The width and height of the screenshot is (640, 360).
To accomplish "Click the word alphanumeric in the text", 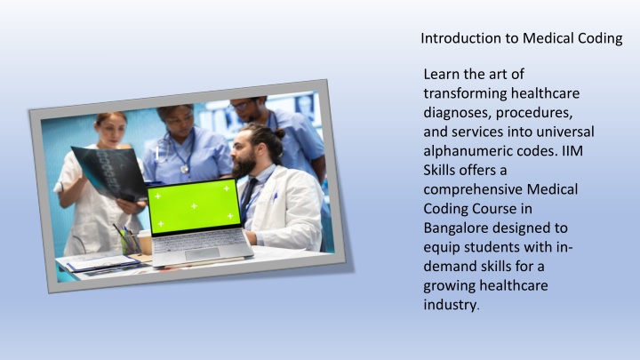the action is coord(467,151).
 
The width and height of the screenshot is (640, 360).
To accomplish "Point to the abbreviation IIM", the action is coord(572,151).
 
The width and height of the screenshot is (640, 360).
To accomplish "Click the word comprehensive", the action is coord(473,190).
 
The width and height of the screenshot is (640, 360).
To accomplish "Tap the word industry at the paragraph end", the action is coord(450,305).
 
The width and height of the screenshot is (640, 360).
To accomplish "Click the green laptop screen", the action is coord(194,206).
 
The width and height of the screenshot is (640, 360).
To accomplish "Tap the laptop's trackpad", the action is coord(202,254).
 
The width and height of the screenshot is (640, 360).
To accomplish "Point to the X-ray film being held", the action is coord(108,173).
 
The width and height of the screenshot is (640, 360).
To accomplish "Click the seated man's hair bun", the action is coord(280,133).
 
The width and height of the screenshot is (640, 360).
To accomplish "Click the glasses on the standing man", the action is coord(241,106).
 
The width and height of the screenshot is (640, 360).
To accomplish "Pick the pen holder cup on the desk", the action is coord(130,244).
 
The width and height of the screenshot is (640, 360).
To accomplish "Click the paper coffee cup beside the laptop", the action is coord(145,242).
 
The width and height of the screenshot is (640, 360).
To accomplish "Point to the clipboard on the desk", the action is coord(103,263).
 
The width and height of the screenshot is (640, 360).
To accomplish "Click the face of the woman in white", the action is coord(110,130).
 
